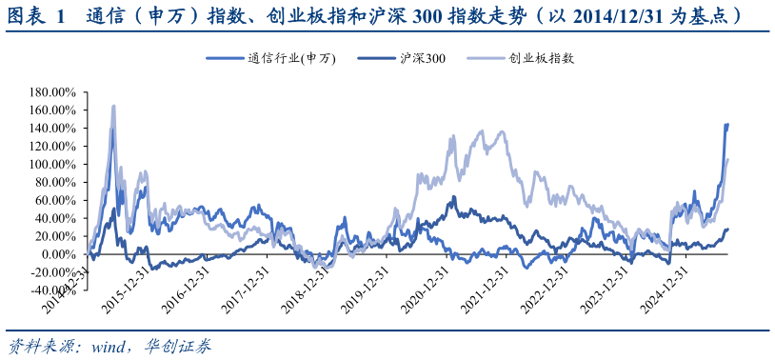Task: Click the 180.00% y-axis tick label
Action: click(x=53, y=92)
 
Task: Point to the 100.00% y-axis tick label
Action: click(x=53, y=165)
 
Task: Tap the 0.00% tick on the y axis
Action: click(x=59, y=255)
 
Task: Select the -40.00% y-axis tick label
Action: click(x=53, y=291)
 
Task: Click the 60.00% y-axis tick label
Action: click(x=56, y=201)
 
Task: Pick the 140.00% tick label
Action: click(x=53, y=129)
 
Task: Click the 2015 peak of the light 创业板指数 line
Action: click(x=114, y=106)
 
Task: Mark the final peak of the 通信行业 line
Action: click(x=727, y=125)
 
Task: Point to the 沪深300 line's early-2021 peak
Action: click(x=454, y=197)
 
